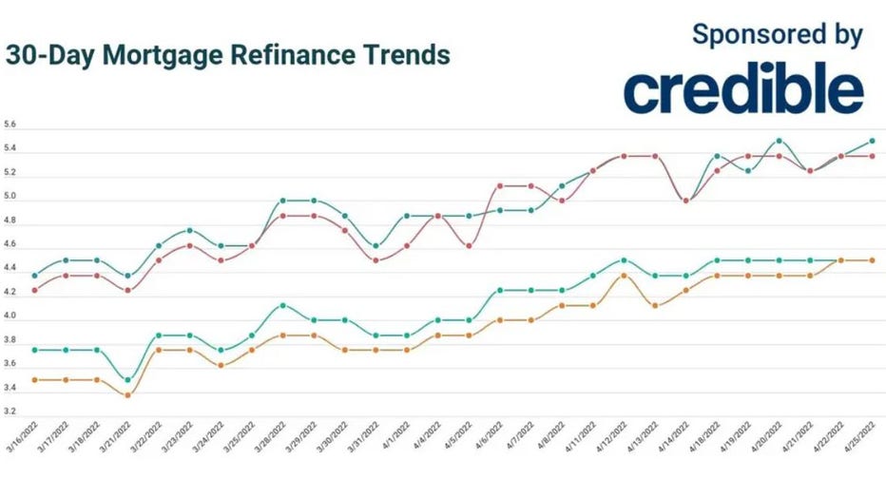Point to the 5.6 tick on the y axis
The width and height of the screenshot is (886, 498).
click(x=10, y=125)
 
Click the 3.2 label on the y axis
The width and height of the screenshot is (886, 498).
click(x=10, y=412)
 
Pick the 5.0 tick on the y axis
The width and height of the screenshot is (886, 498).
click(x=10, y=198)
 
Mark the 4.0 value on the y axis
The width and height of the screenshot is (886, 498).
click(x=10, y=316)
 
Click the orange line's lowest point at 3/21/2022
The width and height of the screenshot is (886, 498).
click(x=128, y=394)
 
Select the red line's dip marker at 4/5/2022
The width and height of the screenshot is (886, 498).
click(x=469, y=246)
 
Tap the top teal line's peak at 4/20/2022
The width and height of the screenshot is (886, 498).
click(x=780, y=141)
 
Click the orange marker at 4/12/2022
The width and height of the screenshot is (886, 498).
click(x=624, y=276)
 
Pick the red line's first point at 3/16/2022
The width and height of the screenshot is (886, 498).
click(x=35, y=290)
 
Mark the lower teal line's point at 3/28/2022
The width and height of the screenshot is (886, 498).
click(x=282, y=305)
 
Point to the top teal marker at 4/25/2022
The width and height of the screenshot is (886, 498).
click(x=873, y=141)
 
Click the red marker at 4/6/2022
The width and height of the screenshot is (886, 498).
click(x=500, y=186)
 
